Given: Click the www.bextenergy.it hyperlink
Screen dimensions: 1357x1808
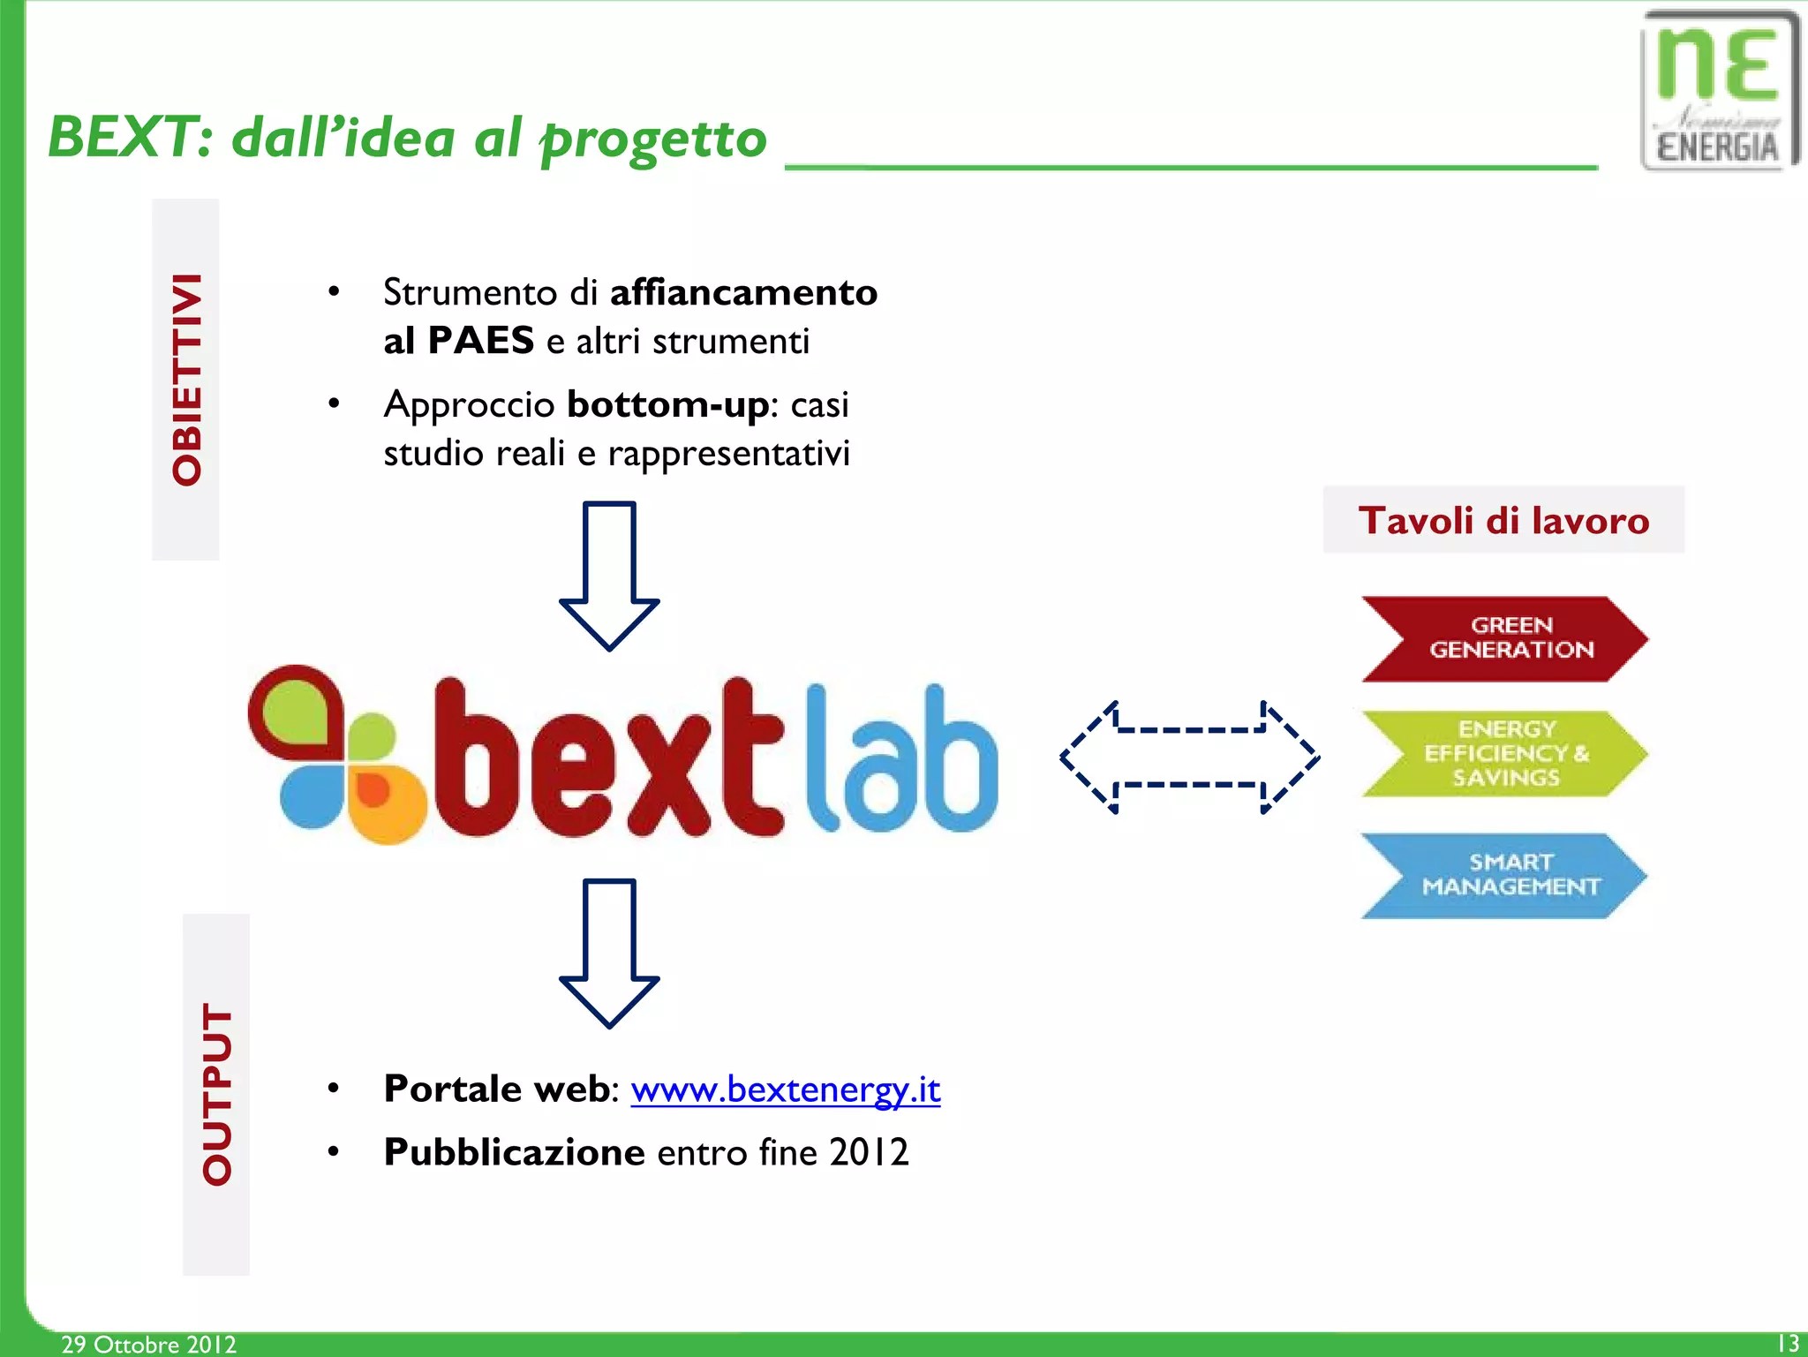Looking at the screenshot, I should pos(785,1089).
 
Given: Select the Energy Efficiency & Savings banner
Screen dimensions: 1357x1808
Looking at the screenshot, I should pos(1506,753).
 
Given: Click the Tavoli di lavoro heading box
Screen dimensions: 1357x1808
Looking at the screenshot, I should pos(1503,520).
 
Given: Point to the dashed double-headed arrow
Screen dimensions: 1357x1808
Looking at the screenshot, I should pos(1189,758).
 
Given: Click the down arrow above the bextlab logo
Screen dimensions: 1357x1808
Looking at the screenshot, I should pos(609,574).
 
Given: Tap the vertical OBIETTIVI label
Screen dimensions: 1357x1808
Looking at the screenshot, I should pos(186,380).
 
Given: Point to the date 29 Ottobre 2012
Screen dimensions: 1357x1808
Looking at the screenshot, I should pos(148,1344).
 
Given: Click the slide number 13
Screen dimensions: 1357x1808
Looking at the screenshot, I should pos(1787,1343).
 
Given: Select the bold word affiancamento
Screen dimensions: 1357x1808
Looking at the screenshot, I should pos(743,292).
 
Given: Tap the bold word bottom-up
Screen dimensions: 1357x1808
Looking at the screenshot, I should pos(668,404).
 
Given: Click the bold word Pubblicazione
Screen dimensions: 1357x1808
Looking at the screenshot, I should pos(514,1152).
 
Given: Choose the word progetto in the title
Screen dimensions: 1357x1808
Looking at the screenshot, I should pos(653,139).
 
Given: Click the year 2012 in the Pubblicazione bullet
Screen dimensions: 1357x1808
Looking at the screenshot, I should pos(869,1152).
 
